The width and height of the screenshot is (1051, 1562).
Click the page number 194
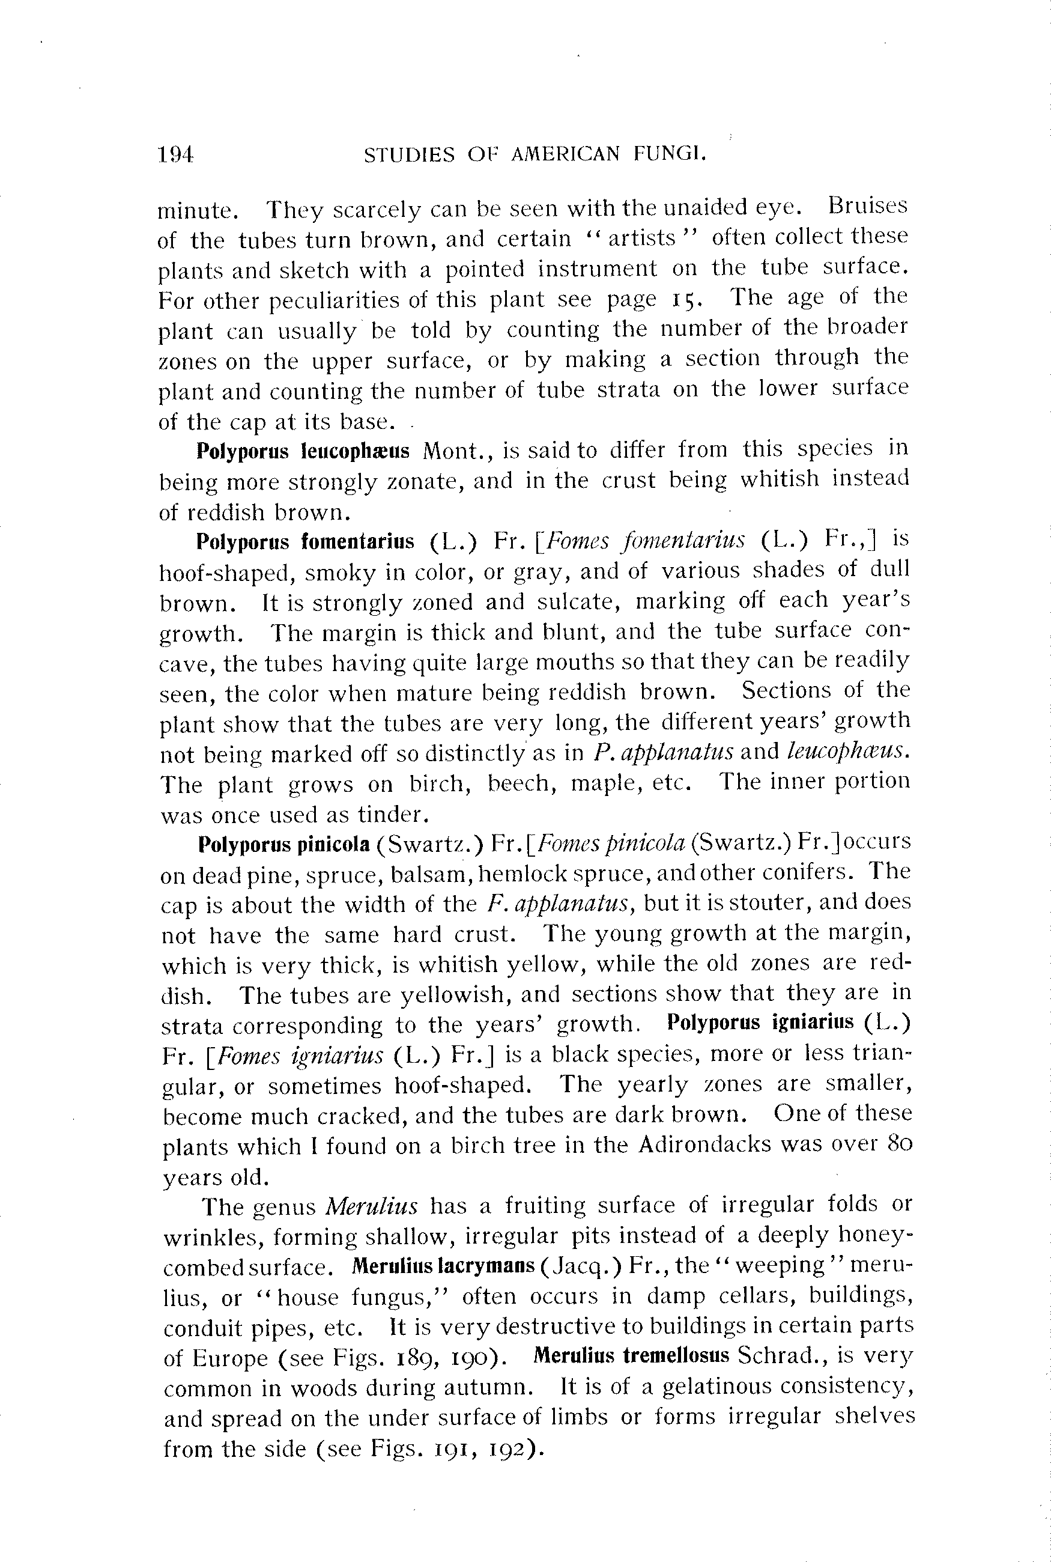tap(175, 156)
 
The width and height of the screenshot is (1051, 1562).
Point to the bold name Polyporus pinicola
tap(284, 844)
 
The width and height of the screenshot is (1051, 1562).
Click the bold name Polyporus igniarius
tap(761, 1023)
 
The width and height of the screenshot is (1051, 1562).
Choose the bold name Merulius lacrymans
tap(443, 1266)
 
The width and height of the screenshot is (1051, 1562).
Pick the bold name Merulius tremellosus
tap(631, 1355)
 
